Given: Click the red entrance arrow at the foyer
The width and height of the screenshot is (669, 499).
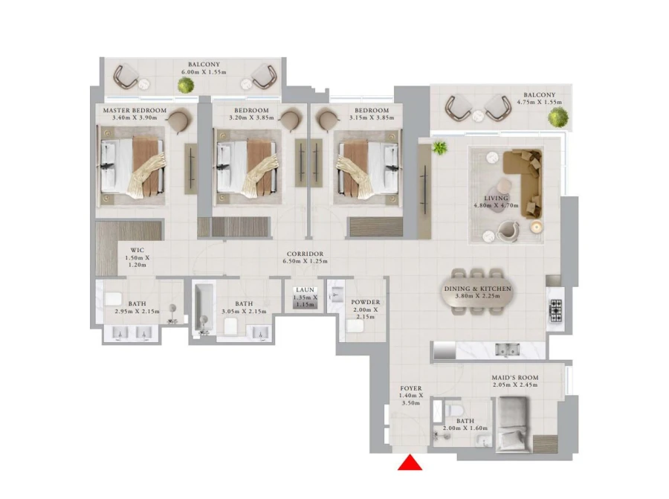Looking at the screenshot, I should [x=410, y=463].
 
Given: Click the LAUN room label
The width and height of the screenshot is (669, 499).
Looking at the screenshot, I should [x=305, y=290].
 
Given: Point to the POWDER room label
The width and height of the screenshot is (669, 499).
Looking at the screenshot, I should [x=365, y=302].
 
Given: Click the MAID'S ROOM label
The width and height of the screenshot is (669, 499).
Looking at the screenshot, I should [x=514, y=378].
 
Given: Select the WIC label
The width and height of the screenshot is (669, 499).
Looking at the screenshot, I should [x=136, y=250].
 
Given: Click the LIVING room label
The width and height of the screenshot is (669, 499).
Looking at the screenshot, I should [x=496, y=199].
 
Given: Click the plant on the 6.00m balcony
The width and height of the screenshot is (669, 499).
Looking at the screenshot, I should [x=185, y=86].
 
